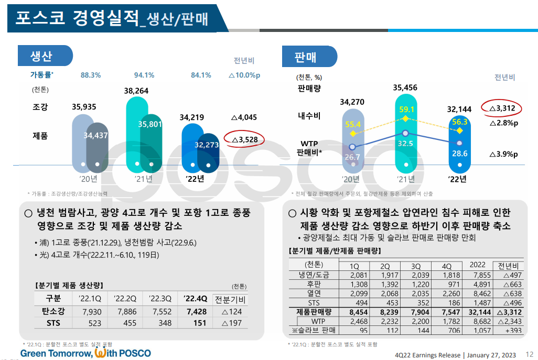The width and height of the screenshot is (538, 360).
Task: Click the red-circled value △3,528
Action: pos(244,139)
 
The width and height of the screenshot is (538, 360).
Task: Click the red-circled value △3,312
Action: pos(502,108)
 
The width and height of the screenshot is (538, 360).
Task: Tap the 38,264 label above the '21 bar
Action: pos(136,91)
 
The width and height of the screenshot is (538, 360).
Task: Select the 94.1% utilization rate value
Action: pos(144,75)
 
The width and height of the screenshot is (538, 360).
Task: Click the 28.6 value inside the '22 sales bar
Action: pos(459,154)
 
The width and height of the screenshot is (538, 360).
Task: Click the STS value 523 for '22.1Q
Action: pos(94,323)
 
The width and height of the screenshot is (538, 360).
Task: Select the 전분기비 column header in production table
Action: pos(230,300)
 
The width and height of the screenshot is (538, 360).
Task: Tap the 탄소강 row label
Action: pos(53,311)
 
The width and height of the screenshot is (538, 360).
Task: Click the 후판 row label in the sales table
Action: pos(314,285)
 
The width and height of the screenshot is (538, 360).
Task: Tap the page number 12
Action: pos(529,355)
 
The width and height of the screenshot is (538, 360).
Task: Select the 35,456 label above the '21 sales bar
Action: pos(405,88)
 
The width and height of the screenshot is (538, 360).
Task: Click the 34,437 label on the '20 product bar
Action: pos(95,136)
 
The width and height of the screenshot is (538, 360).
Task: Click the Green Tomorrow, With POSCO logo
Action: pos(85,353)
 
